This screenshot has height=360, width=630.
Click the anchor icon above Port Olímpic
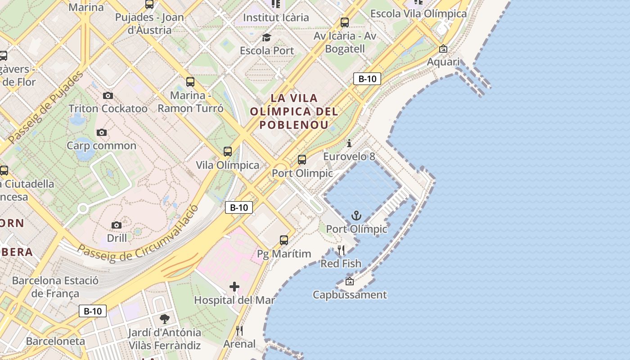tap(356, 216)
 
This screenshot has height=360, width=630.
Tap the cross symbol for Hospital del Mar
tap(234, 287)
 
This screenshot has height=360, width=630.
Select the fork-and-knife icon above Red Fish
tap(341, 250)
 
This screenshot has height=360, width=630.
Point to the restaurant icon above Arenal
tap(239, 331)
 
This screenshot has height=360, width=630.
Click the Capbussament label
tap(350, 295)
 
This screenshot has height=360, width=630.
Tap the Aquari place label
tap(443, 62)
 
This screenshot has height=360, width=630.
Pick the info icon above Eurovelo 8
tap(349, 144)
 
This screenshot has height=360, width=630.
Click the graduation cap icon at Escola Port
tap(267, 37)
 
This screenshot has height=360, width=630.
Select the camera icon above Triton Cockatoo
tap(108, 95)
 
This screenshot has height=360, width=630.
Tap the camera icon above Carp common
tap(102, 132)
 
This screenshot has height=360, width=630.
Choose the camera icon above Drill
tap(117, 225)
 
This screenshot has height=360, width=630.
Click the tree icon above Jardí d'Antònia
tap(164, 319)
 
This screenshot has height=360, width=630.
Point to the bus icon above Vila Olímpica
tap(228, 152)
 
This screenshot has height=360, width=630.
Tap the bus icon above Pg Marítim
tap(283, 240)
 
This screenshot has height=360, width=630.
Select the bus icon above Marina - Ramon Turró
tap(190, 82)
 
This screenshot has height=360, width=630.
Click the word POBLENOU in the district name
tap(293, 125)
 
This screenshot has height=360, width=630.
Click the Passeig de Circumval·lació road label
tap(138, 234)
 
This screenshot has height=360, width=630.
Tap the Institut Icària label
tap(276, 18)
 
